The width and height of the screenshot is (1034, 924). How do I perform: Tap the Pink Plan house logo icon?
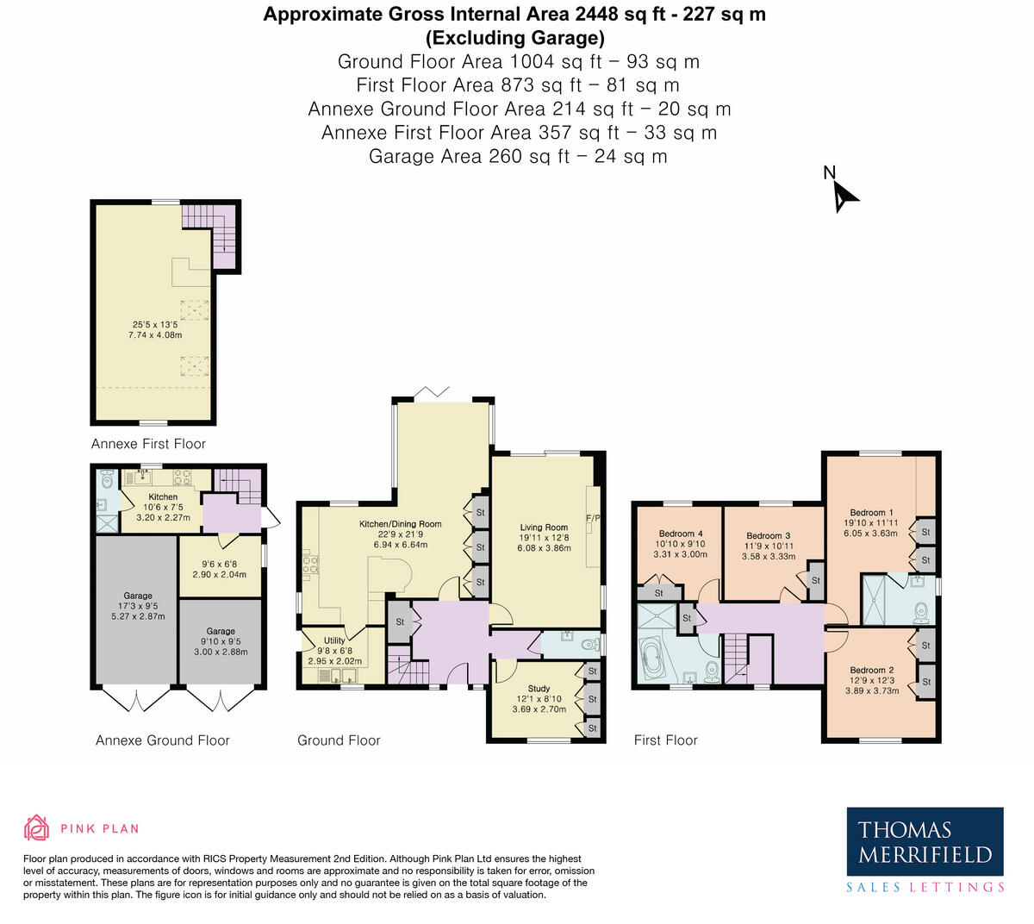[37, 827]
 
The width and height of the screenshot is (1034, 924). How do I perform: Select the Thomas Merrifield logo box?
[925, 848]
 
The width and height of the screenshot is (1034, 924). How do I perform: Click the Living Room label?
[544, 528]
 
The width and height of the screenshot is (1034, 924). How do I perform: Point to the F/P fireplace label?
[593, 518]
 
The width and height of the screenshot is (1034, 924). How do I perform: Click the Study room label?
[539, 689]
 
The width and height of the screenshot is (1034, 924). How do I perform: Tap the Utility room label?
[334, 640]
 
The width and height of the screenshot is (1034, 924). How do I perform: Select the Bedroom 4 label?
[681, 534]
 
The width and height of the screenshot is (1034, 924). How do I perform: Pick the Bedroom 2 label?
[872, 671]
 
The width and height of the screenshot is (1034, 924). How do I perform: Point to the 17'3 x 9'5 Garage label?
[138, 606]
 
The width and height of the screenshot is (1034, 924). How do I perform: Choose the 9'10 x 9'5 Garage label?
[221, 641]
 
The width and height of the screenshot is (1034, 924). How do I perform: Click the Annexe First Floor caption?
[148, 444]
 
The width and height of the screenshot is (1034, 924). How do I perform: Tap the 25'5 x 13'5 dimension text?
[155, 325]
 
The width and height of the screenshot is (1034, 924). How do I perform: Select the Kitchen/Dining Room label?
[400, 524]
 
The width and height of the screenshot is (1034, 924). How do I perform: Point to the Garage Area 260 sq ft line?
[518, 156]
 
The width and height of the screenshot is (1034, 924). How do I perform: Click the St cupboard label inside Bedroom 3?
[815, 580]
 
